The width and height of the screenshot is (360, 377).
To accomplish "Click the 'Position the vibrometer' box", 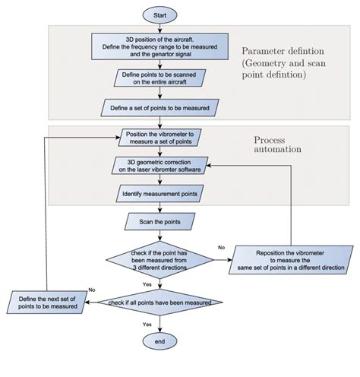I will [x=160, y=137].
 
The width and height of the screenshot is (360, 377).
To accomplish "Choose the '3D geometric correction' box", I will [x=160, y=165].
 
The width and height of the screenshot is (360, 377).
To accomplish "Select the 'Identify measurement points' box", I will [x=160, y=195].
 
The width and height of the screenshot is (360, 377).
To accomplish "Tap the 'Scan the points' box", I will [x=160, y=222].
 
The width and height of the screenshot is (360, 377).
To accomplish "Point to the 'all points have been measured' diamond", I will [x=160, y=303].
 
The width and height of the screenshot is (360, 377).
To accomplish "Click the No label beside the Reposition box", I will [x=222, y=247].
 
